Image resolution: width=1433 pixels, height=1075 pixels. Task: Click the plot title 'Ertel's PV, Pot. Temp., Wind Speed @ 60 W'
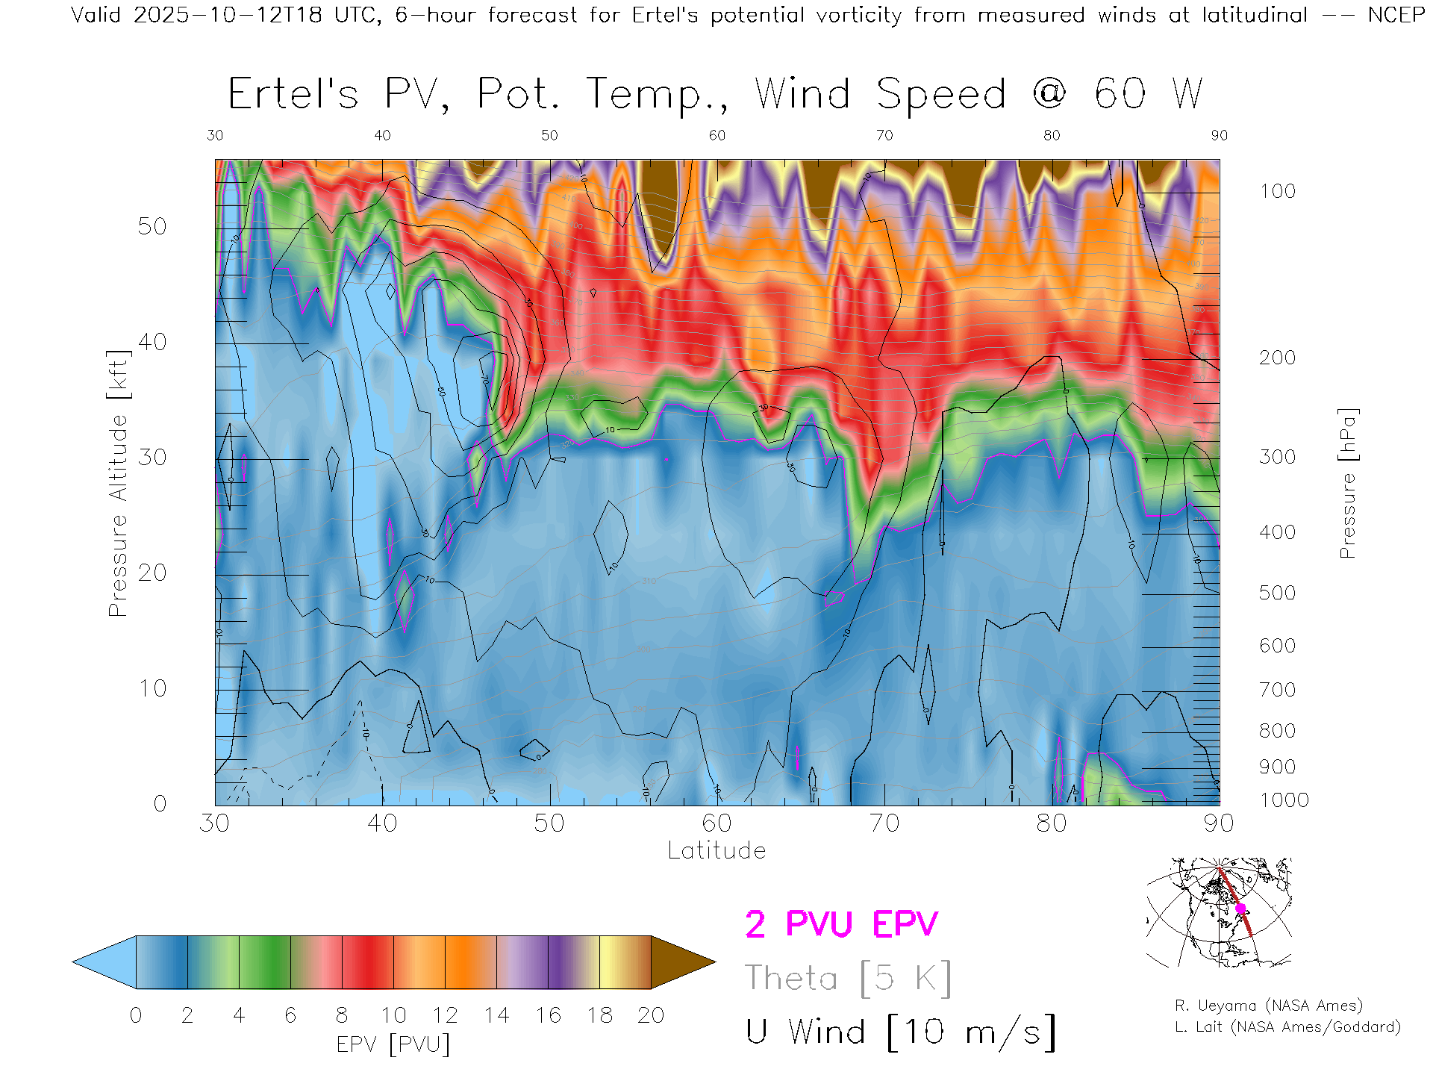coord(715,95)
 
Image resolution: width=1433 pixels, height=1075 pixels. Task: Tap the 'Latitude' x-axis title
coord(716,850)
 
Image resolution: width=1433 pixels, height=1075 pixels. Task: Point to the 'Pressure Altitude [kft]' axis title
coord(118,483)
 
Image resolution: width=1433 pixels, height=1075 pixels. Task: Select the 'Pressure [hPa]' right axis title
coord(1347,483)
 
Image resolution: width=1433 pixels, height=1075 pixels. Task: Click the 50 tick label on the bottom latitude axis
coord(549,823)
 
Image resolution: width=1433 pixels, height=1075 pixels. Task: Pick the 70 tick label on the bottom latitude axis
coord(884,823)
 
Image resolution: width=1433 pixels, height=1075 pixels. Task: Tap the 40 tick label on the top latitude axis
coord(382,135)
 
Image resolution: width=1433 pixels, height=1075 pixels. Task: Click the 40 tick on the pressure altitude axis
coord(152,342)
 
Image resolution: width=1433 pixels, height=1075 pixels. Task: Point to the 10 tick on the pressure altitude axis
coord(152,688)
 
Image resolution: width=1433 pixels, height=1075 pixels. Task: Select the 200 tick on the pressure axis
coord(1277,358)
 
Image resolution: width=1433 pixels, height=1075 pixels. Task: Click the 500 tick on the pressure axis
coord(1277,593)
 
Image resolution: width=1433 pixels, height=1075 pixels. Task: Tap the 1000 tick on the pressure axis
coord(1284,800)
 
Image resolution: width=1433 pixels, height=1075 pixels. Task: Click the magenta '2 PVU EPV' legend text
coord(841,924)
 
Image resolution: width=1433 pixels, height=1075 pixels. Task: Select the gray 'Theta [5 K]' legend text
coord(848,978)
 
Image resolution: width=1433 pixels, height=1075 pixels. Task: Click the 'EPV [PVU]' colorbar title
coord(393,1044)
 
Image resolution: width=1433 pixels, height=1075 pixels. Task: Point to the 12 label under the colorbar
coord(445,1015)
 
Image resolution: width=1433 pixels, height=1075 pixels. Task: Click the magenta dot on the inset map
coord(1240,909)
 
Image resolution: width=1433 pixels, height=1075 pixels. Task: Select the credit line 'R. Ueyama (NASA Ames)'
coord(1268,1006)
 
